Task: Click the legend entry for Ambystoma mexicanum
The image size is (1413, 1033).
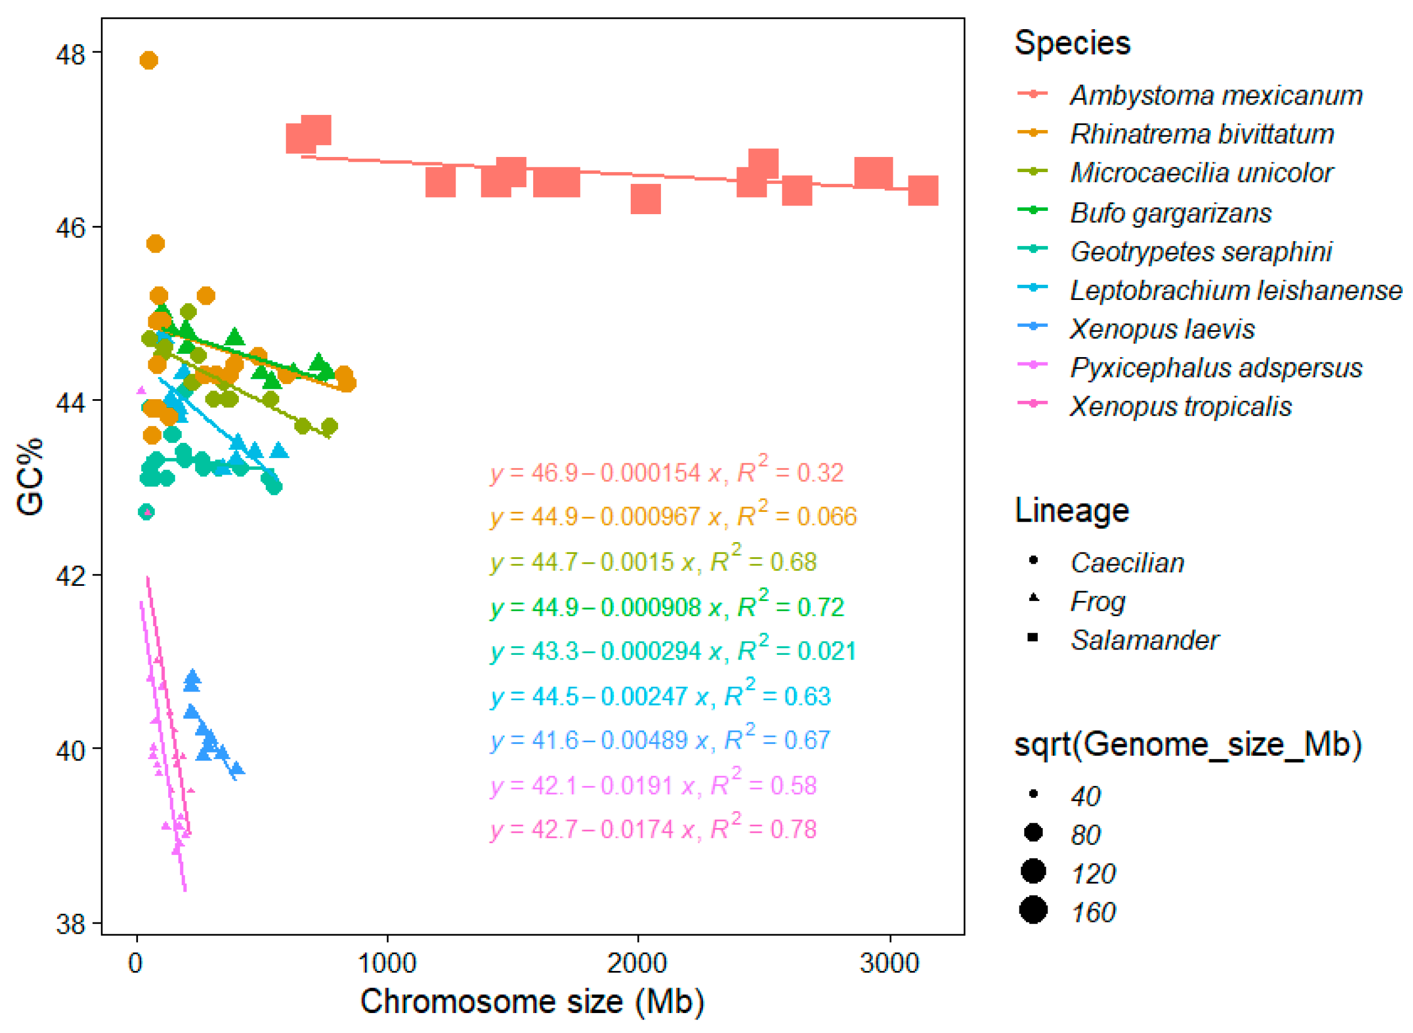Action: (1216, 95)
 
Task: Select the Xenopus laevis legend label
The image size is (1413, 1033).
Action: (1162, 329)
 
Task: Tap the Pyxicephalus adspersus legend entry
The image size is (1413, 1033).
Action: (1216, 368)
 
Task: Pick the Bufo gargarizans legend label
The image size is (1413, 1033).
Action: (1170, 213)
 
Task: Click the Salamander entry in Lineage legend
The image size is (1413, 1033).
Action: (1143, 640)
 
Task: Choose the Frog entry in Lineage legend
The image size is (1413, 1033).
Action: (1098, 601)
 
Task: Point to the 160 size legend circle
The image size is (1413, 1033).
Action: (1033, 910)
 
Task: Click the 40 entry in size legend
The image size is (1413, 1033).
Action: (1085, 796)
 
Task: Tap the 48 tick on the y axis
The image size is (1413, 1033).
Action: (70, 54)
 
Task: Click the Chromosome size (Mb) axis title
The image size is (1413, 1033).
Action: (532, 1002)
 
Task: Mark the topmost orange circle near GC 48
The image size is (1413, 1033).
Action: (148, 60)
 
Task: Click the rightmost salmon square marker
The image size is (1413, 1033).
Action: (922, 191)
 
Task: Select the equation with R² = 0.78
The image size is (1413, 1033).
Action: (653, 830)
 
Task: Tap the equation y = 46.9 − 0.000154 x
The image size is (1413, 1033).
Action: (666, 473)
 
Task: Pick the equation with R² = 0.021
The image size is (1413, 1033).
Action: (672, 651)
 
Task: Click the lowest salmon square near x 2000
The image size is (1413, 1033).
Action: (645, 199)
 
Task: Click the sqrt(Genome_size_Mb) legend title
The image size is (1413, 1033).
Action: (1188, 744)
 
